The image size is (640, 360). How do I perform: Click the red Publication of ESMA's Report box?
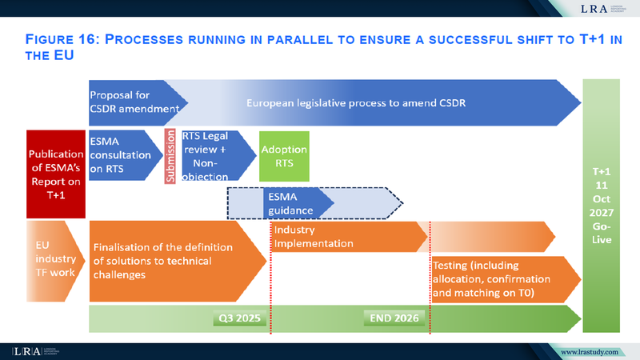point(56,174)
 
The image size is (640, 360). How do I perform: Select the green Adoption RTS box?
point(284,155)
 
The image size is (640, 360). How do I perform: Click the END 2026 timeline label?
point(394,318)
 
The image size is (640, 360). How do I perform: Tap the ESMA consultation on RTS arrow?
point(121,152)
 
